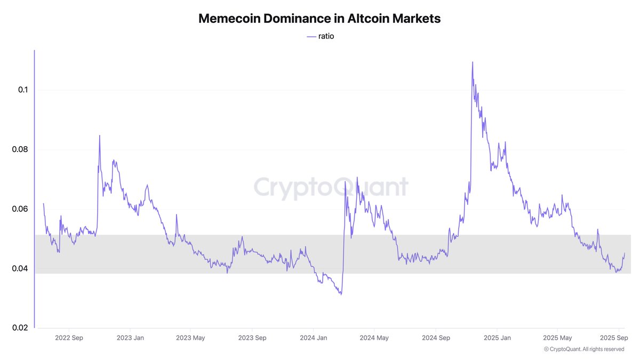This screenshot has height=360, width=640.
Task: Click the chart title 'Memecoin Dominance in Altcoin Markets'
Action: coord(319,18)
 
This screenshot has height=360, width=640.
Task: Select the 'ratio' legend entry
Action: coord(320,36)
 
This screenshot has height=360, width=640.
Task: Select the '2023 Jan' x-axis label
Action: coord(130,338)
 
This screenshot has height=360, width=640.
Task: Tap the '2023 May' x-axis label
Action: coord(190,338)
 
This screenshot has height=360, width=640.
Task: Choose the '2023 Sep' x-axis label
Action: coord(252,338)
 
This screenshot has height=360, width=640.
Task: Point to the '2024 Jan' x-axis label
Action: coord(314,338)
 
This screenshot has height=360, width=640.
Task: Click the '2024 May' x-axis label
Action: coord(374,338)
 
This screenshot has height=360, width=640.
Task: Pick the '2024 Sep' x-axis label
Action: coord(436,338)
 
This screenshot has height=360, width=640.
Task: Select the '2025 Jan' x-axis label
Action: coord(498,338)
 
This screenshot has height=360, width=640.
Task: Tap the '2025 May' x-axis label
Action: coord(558,338)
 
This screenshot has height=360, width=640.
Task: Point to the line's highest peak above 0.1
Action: coord(473,62)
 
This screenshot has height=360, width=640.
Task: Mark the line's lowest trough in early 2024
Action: coord(340,294)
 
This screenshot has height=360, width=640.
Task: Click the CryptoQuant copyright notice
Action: coord(584,349)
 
